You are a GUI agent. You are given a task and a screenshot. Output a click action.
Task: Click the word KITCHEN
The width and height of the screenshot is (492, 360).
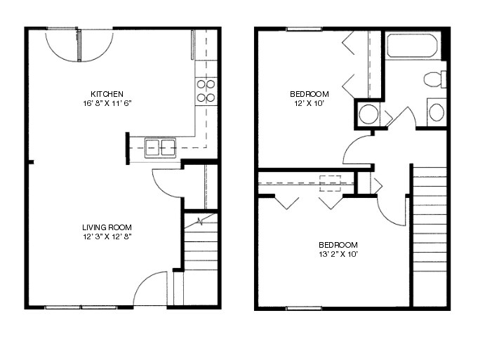107,94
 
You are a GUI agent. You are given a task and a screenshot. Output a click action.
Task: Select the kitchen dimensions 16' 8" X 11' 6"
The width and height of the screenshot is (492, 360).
107,103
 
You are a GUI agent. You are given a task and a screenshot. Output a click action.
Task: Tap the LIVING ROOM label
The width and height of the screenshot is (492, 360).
107,227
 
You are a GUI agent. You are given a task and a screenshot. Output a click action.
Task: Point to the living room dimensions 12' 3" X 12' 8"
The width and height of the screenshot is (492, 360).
107,236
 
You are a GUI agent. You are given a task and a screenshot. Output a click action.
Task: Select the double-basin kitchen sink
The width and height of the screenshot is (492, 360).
161,147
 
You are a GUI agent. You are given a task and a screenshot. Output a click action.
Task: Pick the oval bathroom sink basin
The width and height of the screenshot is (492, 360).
436,112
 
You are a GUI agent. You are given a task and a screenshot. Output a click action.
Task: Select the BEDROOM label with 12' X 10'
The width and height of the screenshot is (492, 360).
310,94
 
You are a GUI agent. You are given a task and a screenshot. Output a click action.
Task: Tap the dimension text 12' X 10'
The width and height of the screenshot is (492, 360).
310,103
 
